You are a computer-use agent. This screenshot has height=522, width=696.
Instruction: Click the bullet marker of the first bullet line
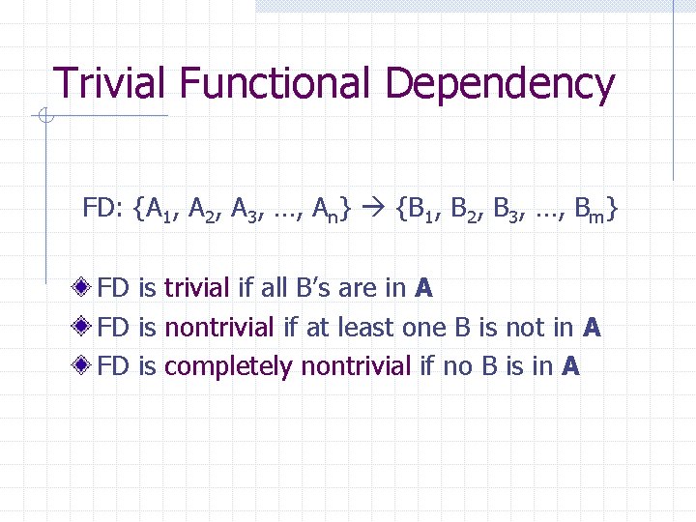(88, 288)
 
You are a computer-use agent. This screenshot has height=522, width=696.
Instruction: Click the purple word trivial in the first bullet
(196, 288)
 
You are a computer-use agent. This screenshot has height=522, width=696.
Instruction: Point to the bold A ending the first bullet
(422, 288)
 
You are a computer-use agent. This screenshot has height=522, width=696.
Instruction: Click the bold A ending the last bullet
(570, 367)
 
